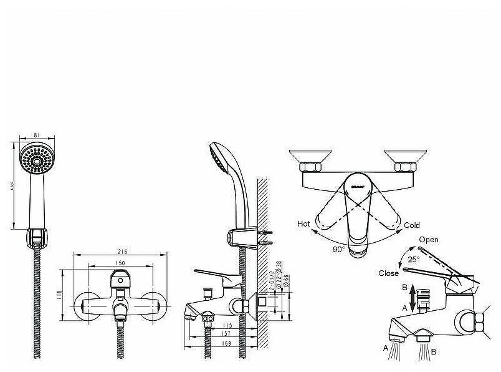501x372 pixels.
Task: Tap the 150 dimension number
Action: tap(122, 262)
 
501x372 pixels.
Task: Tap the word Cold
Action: tap(412, 225)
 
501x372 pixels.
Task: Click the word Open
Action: tap(428, 240)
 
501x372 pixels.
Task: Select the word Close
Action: tap(388, 273)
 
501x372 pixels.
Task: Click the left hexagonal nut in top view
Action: tap(310, 167)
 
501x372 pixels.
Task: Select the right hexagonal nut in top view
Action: tap(404, 167)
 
